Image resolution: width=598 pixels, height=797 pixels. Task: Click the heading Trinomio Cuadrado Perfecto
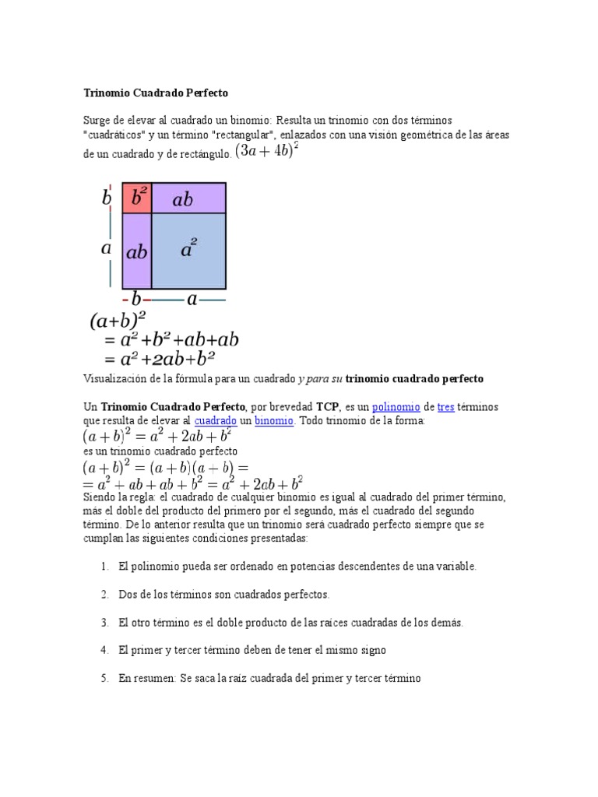tap(156, 93)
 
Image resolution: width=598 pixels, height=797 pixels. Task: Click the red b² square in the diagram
tap(138, 198)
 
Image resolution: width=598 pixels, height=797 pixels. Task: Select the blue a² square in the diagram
tap(188, 250)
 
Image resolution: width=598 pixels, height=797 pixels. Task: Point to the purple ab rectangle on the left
tap(137, 251)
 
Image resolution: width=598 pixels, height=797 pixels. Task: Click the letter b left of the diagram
tap(107, 198)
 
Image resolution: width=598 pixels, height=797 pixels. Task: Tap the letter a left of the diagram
tap(107, 249)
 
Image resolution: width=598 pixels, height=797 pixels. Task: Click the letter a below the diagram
tap(192, 299)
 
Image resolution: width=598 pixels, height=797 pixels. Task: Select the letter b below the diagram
tap(136, 299)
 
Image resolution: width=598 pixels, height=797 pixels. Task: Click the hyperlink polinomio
tap(396, 407)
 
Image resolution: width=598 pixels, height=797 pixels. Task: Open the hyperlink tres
tap(445, 407)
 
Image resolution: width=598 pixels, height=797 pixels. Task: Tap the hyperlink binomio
tap(275, 420)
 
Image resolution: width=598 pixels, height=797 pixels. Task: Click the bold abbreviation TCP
tap(326, 407)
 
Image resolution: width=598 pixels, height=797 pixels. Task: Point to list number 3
tap(104, 623)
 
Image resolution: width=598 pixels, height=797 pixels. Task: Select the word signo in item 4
tap(371, 651)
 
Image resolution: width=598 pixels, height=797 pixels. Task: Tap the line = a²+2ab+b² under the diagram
tap(159, 359)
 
